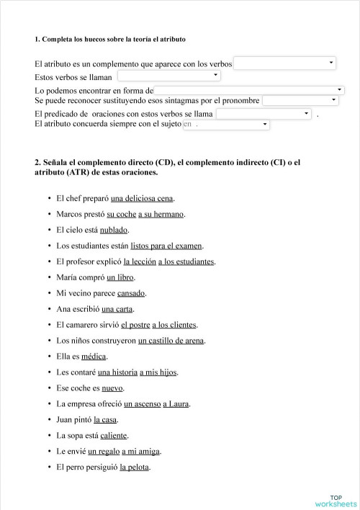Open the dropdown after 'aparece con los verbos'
click(285, 63)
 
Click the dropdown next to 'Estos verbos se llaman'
click(169, 76)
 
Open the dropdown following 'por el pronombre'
click(301, 101)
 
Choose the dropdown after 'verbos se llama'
click(264, 114)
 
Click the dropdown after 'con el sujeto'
click(226, 125)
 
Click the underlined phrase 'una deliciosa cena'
click(143, 198)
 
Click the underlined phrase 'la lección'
click(139, 261)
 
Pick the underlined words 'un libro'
click(120, 277)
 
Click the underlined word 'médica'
click(94, 357)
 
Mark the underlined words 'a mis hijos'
click(158, 372)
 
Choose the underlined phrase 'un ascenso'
click(141, 404)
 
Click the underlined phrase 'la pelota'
click(135, 467)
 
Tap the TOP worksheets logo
click(336, 501)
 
